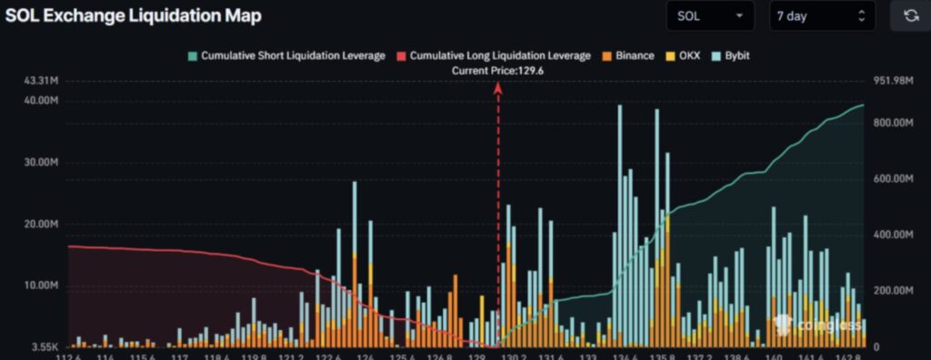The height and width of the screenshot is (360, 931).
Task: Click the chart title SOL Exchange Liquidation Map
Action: (x=134, y=15)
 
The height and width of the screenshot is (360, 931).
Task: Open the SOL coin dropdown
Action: (x=709, y=15)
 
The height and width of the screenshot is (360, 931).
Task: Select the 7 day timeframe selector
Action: (x=822, y=15)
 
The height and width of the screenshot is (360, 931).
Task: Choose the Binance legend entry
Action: (x=626, y=55)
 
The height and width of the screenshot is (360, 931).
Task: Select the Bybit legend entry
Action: (x=736, y=55)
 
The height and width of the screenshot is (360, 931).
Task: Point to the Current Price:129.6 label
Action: (x=497, y=70)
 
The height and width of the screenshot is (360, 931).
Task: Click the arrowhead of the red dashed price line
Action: (x=497, y=87)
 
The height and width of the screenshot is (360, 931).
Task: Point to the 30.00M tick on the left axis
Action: (x=43, y=163)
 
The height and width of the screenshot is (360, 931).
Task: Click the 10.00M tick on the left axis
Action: (x=43, y=285)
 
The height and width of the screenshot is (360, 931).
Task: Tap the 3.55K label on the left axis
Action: (x=45, y=346)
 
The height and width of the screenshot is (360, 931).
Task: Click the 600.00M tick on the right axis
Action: (x=892, y=179)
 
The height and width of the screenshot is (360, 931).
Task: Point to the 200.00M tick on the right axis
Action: (x=892, y=291)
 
